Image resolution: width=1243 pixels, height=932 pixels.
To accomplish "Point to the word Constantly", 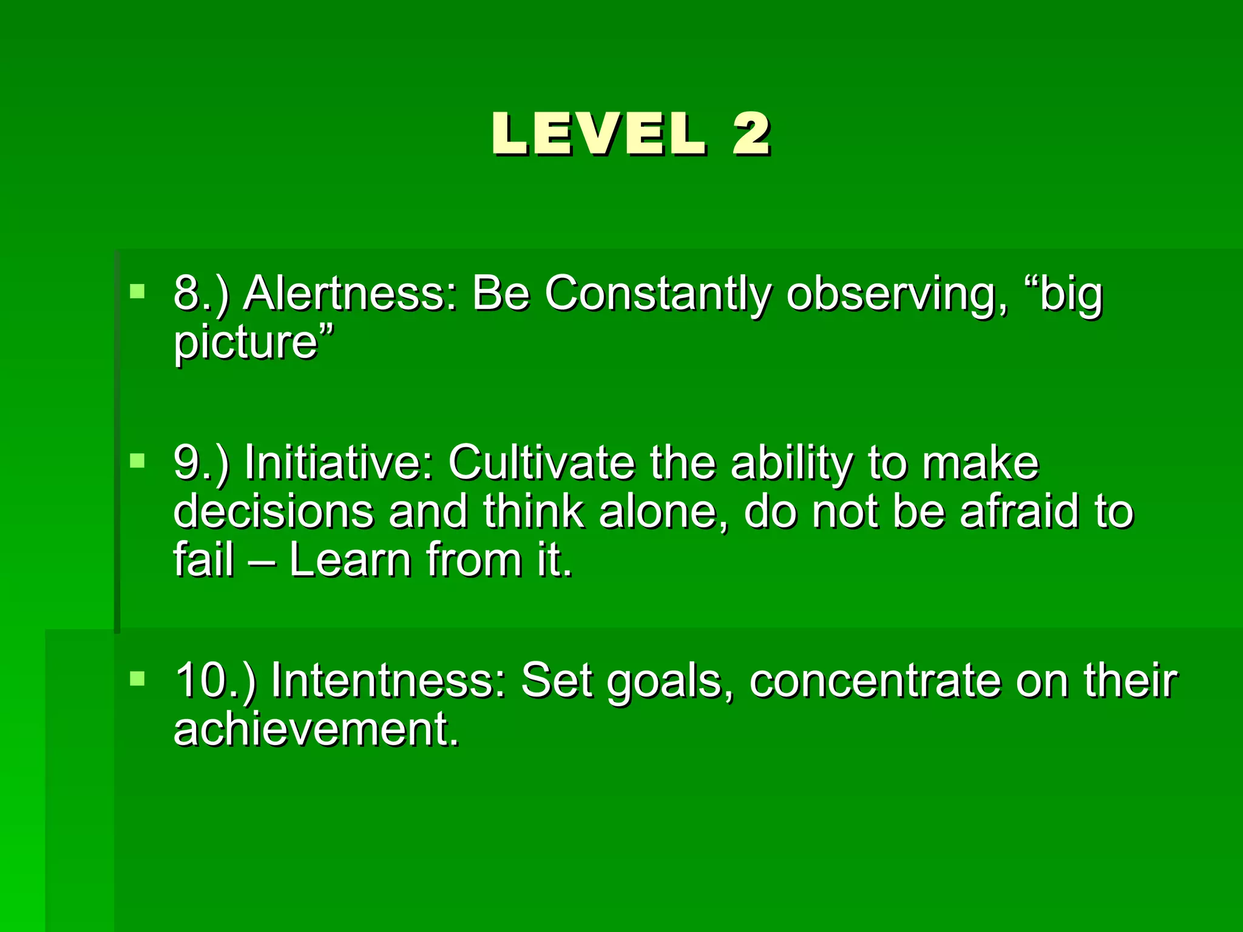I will pyautogui.click(x=657, y=294).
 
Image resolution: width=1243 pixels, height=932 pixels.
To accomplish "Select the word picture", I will pyautogui.click(x=246, y=343).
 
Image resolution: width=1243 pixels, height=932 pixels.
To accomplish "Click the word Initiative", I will pyautogui.click(x=339, y=464).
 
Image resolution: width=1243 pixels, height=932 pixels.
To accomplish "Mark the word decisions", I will pyautogui.click(x=273, y=512).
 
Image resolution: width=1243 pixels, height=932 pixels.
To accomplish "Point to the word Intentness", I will pyautogui.click(x=388, y=681).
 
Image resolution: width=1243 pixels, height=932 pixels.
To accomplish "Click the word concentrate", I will pyautogui.click(x=875, y=681).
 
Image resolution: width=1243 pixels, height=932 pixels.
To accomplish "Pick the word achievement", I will pyautogui.click(x=316, y=729).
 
